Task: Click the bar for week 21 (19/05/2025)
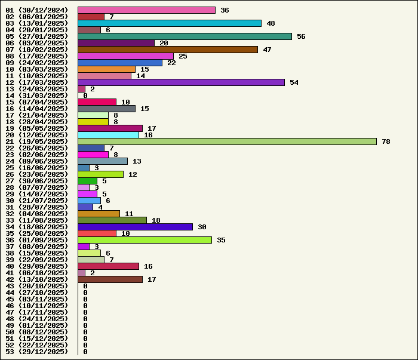point(227,141)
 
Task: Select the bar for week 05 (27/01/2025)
point(185,36)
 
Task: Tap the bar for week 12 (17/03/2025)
point(181,82)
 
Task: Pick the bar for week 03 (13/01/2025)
point(170,23)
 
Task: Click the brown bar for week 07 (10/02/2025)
point(168,50)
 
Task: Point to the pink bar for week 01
point(146,10)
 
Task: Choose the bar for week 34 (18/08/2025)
point(135,227)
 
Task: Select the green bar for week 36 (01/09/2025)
point(145,240)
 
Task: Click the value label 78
point(386,141)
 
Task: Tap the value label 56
point(301,36)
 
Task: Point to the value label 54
point(294,82)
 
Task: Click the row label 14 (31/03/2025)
point(37,96)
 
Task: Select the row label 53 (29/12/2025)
point(37,352)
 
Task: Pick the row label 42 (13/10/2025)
point(37,279)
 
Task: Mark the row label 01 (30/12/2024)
point(37,10)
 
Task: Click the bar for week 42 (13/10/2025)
point(110,279)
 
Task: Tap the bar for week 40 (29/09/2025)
point(108,266)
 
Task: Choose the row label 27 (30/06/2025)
point(37,181)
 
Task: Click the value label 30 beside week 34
point(202,227)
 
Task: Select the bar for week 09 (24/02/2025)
point(119,63)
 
